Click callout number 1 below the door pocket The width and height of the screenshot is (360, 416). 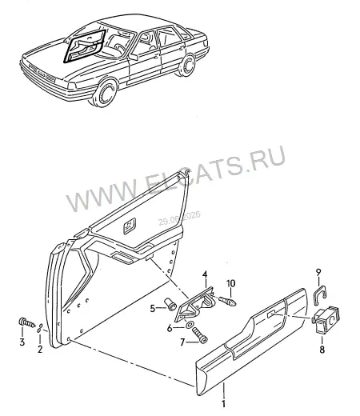[x=223, y=403]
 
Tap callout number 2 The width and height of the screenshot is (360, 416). [x=40, y=349]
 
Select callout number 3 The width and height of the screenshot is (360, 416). [x=22, y=342]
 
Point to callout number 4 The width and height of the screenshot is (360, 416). [x=205, y=274]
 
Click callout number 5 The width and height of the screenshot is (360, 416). [x=153, y=309]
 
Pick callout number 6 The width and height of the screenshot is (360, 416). [x=170, y=328]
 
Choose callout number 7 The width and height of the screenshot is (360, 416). [x=182, y=342]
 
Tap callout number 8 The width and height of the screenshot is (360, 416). [x=322, y=350]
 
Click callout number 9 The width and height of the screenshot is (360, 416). [x=318, y=273]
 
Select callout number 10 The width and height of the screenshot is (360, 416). [x=231, y=283]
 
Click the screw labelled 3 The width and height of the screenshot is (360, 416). [x=27, y=322]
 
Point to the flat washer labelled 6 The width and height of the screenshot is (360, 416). [x=190, y=325]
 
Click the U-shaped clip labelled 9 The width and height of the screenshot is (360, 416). [x=320, y=294]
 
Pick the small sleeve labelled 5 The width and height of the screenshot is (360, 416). [x=170, y=304]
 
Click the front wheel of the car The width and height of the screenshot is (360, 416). [x=106, y=92]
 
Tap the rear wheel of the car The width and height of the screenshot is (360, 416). [x=186, y=65]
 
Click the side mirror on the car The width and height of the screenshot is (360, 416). [x=133, y=57]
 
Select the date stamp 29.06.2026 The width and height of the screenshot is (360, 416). [x=179, y=218]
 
